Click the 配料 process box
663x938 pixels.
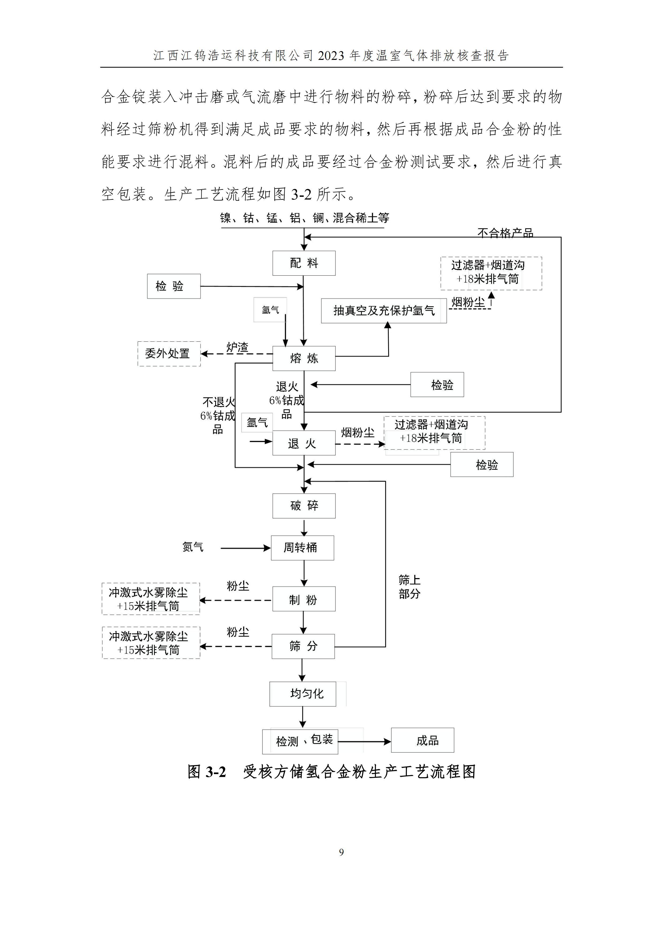pos(304,263)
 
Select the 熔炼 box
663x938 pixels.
pos(304,358)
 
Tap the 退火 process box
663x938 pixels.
pos(304,443)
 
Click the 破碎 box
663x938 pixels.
pos(304,506)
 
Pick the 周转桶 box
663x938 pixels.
pos(302,548)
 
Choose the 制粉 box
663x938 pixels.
pos(304,599)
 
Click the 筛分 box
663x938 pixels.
pos(303,646)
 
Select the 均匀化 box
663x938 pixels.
pos(303,694)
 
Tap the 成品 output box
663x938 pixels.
pos(422,740)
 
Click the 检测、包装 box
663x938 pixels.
pos(300,741)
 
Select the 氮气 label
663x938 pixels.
pos(193,547)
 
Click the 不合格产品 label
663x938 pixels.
pos(505,233)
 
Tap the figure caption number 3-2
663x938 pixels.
pos(216,772)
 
